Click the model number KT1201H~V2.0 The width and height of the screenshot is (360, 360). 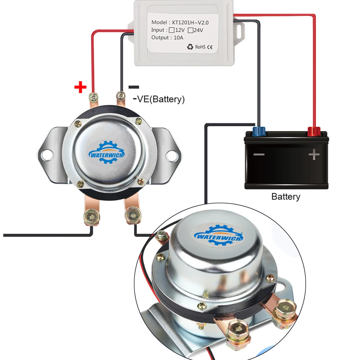191,22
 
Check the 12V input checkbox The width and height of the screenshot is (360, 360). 172,30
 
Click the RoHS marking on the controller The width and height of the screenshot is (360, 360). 199,47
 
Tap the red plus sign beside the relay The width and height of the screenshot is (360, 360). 81,87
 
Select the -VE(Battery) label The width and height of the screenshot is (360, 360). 158,99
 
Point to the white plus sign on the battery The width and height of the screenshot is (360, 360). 314,155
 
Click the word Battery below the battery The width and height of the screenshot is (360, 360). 285,197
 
